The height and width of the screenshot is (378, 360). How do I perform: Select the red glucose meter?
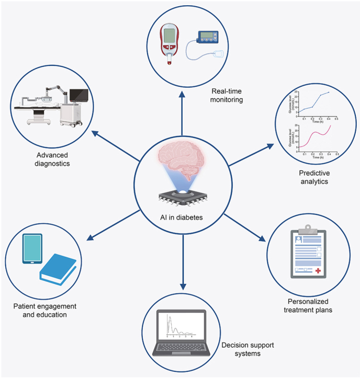click(170, 44)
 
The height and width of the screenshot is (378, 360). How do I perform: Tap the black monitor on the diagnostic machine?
click(78, 94)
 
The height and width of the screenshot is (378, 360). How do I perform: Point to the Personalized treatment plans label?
click(311, 306)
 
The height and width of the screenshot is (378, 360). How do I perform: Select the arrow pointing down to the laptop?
click(183, 272)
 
